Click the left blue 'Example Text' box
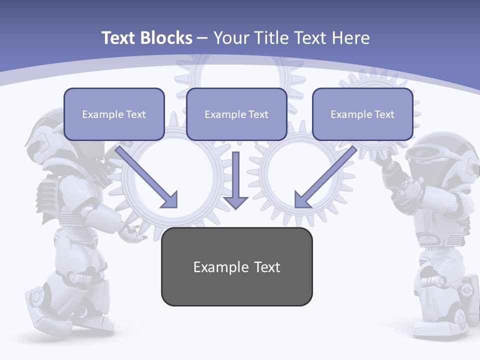point(114,114)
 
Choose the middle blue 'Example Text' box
point(236,114)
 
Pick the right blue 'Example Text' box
point(362,114)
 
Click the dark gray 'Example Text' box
point(236,266)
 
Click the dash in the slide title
point(202,38)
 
